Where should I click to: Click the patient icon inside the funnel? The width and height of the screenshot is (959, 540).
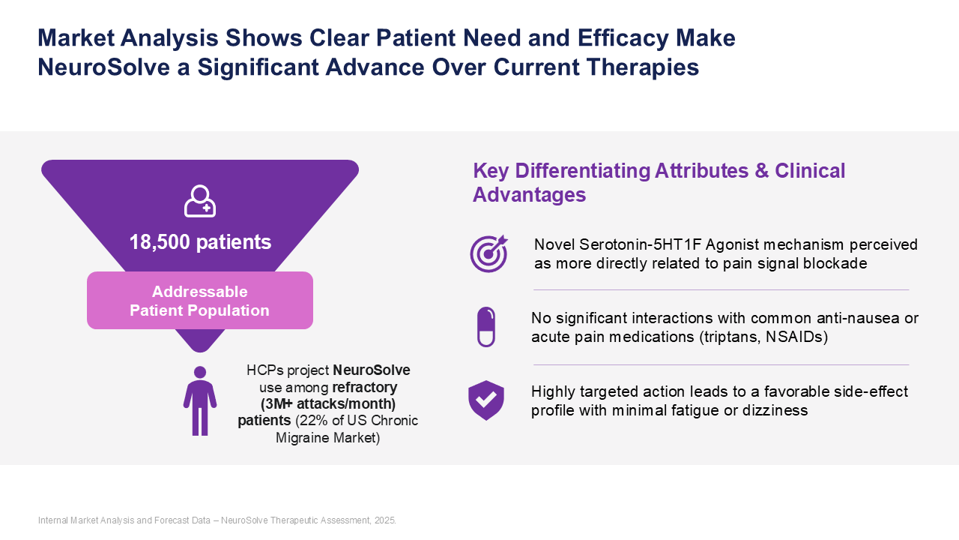pyautogui.click(x=200, y=201)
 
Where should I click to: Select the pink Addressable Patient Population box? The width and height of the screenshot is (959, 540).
pyautogui.click(x=200, y=301)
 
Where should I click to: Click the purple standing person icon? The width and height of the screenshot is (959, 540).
pyautogui.click(x=200, y=400)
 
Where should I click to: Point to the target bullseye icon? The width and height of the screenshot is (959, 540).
pyautogui.click(x=488, y=253)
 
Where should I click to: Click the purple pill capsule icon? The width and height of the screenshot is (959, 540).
pyautogui.click(x=486, y=327)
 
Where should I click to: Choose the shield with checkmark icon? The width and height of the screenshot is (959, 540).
pyautogui.click(x=486, y=400)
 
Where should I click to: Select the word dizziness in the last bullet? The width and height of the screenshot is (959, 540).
pyautogui.click(x=776, y=410)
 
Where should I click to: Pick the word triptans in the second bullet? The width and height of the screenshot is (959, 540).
pyautogui.click(x=729, y=337)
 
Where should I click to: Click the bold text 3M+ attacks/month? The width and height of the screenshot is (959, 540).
pyautogui.click(x=328, y=404)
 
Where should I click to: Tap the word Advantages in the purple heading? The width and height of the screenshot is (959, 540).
pyautogui.click(x=530, y=195)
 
